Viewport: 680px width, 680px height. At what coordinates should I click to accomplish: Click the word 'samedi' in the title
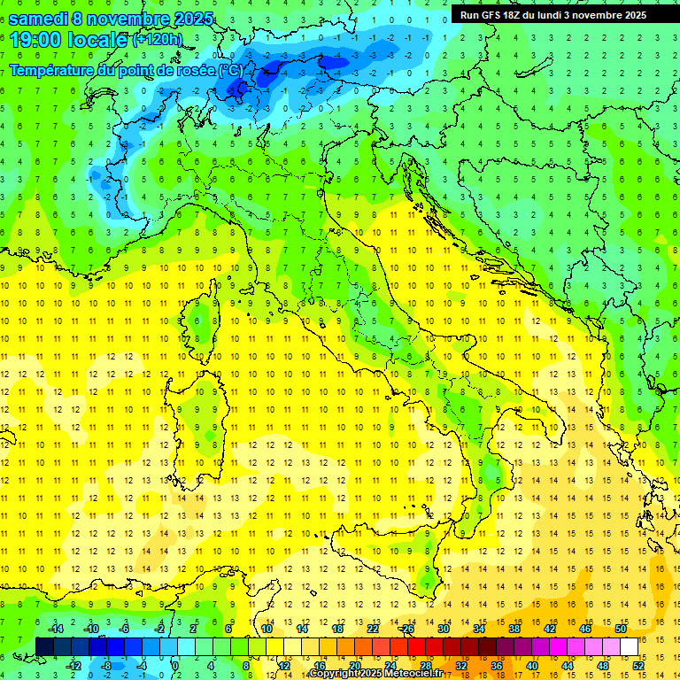point(38,19)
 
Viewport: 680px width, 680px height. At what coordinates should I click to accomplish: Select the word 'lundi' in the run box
point(561,15)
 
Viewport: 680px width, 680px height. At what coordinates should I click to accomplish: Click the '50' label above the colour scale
point(621,629)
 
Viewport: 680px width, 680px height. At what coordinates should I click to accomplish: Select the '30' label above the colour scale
point(444,629)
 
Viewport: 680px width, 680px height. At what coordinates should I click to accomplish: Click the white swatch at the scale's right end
point(629,646)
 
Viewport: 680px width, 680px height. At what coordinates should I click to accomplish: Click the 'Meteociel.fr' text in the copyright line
point(413,674)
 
